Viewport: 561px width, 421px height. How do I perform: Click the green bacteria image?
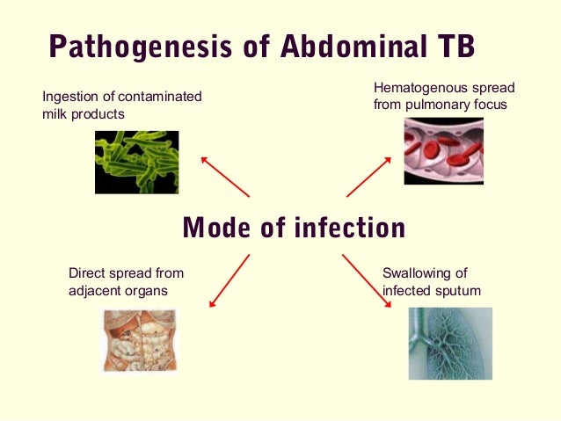coord(136,162)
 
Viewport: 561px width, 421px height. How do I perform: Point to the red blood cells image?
coord(443,150)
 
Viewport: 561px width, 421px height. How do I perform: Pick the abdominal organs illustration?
coord(139,341)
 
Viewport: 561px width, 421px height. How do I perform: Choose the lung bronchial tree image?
coord(449,343)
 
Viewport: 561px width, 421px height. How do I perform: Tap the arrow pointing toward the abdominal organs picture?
coord(229,280)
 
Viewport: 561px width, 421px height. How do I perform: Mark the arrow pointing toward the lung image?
coord(366,280)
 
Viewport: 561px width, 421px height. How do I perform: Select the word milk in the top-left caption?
coord(55,113)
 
